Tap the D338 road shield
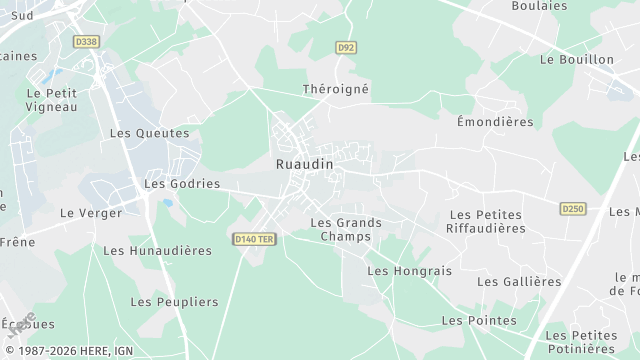[x=87, y=42]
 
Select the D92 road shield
[x=346, y=47]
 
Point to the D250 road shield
[x=572, y=209]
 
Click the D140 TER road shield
[x=254, y=239]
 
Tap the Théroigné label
[x=336, y=89]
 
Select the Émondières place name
[x=494, y=122]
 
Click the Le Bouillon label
[x=576, y=60]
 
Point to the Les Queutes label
[x=149, y=133]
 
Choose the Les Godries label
[x=182, y=184]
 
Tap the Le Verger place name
[x=91, y=213]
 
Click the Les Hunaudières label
[x=157, y=251]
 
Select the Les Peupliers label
[x=174, y=302]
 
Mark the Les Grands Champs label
[x=346, y=230]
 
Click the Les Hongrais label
[x=409, y=271]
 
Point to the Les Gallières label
[x=519, y=282]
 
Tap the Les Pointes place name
[x=479, y=321]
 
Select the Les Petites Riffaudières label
[x=488, y=221]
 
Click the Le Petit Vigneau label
[x=52, y=100]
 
